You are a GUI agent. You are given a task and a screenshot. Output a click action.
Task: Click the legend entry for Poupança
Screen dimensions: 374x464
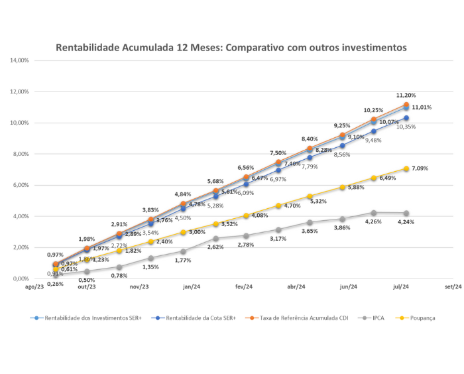coord(422,318)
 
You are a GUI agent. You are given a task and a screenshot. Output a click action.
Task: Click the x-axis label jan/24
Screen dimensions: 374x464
coord(192,287)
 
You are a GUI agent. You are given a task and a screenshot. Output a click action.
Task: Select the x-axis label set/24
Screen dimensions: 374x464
coord(453,287)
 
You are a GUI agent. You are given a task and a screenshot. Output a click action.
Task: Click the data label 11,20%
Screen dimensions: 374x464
coord(406,95)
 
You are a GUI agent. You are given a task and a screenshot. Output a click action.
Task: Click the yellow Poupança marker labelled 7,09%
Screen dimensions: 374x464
coord(406,169)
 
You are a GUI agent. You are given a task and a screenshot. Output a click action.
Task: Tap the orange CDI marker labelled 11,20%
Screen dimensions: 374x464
coord(406,105)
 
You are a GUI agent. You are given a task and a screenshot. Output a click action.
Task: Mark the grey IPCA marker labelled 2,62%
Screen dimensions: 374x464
coord(215,239)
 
